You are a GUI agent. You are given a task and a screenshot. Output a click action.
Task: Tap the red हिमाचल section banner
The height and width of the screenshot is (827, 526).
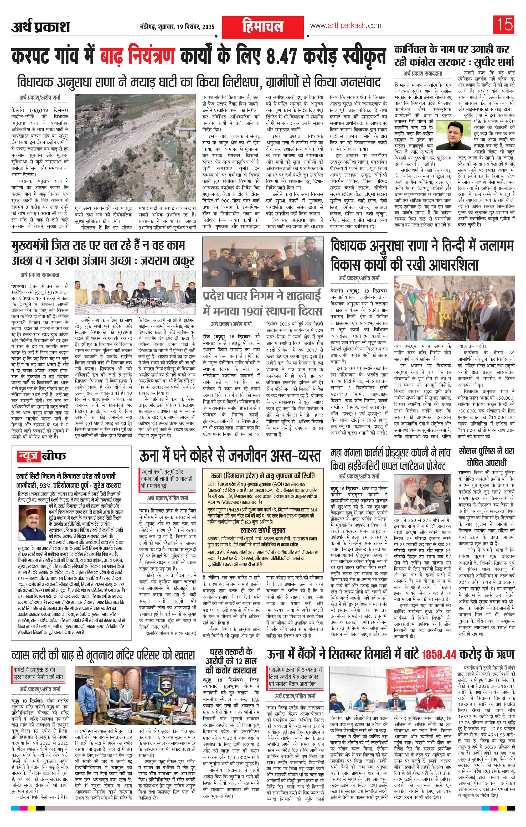(x=262, y=27)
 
